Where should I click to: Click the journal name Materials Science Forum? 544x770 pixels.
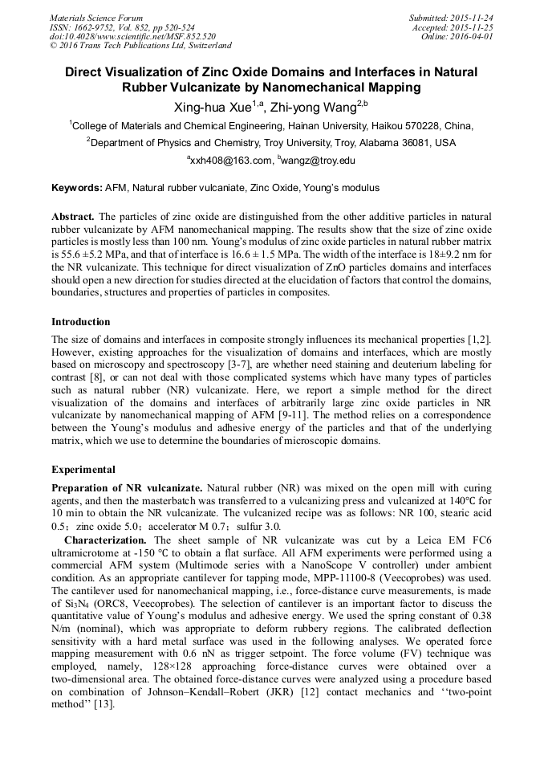pos(96,18)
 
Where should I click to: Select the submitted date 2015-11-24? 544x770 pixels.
pos(473,18)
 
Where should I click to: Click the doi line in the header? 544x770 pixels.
pos(132,36)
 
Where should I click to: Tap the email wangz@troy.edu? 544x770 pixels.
pos(319,161)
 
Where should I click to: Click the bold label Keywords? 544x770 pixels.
pos(77,188)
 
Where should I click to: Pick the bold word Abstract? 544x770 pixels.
pos(73,218)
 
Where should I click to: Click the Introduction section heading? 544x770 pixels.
pos(81,322)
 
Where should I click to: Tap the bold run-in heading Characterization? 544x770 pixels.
pos(105,540)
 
